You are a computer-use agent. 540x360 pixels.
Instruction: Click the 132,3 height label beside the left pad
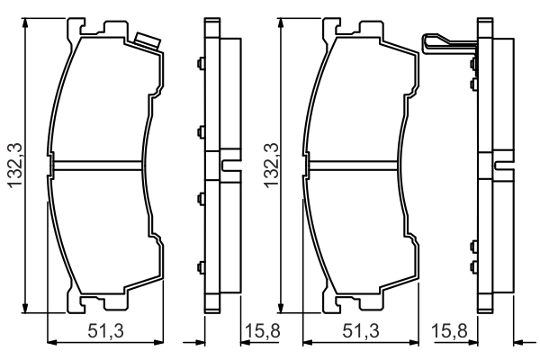point(16,166)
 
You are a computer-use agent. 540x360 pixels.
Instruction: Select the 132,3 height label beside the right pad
point(271,166)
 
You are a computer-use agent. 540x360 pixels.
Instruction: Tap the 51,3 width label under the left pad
point(105,331)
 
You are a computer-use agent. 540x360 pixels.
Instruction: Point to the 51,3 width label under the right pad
point(361,331)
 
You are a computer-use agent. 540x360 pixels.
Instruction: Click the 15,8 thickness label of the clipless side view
point(263,331)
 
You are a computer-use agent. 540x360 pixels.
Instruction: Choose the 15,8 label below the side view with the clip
point(449,331)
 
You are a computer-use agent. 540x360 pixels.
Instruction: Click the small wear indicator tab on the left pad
point(148,40)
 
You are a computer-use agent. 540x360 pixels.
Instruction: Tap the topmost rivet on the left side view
point(201,63)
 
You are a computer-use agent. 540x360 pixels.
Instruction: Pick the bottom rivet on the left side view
point(201,267)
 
